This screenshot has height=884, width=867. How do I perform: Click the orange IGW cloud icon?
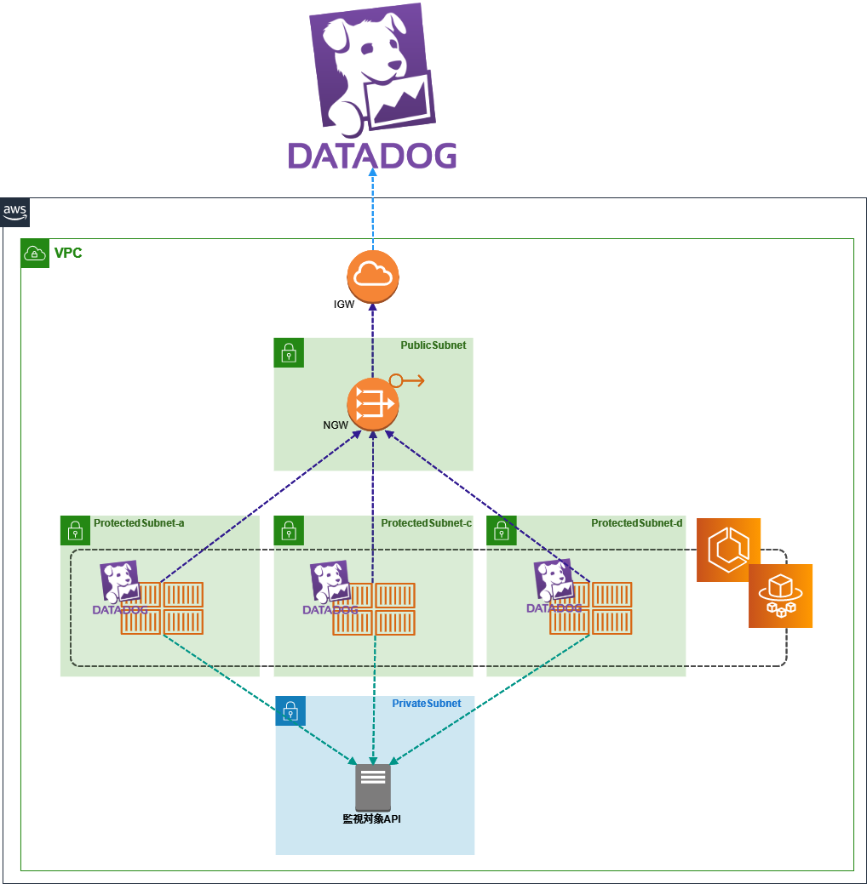point(373,277)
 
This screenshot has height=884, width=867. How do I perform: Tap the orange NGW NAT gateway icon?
point(373,403)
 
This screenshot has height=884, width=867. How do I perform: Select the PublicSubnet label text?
point(433,345)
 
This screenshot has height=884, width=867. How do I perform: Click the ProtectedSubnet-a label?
point(139,523)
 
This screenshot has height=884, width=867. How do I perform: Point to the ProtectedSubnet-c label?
point(426,523)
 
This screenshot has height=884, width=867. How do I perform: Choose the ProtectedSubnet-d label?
point(637,523)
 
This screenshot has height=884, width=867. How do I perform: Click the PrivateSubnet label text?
point(426,704)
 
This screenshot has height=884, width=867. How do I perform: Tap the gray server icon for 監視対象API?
point(373,787)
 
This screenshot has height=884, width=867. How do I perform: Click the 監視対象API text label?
point(371,819)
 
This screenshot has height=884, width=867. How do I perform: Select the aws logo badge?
point(15,212)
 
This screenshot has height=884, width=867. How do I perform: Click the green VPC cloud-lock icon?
point(35,254)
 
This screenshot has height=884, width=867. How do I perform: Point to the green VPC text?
point(68,253)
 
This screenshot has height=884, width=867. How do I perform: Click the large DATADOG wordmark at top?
point(372,156)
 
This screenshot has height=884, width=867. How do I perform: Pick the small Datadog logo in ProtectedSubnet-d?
point(554,585)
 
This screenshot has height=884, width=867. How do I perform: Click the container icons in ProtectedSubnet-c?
point(374,608)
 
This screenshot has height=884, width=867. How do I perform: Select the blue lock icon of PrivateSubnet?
point(290,710)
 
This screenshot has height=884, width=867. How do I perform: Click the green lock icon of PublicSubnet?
point(289,353)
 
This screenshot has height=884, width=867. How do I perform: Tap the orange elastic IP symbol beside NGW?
point(406,380)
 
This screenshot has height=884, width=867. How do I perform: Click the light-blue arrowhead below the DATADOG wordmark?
point(372,173)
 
